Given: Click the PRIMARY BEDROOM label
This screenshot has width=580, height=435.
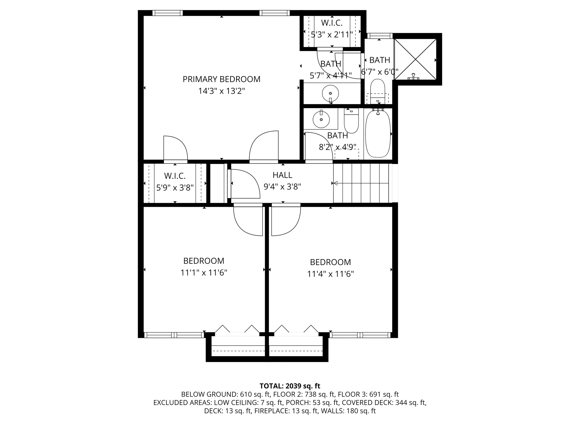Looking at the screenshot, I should (x=221, y=79).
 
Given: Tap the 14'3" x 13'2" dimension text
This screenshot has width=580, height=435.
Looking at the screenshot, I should (x=221, y=91).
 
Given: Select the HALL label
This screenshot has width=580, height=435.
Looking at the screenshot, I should (x=282, y=175).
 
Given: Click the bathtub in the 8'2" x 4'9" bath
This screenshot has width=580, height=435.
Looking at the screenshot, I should (x=378, y=134).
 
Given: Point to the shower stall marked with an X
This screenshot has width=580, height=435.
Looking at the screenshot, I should (x=415, y=59).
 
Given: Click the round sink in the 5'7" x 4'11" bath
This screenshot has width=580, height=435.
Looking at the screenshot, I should (x=330, y=93).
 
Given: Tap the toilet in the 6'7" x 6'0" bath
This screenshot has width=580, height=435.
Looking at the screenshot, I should (x=378, y=90).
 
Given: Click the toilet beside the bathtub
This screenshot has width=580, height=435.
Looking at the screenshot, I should (x=351, y=121).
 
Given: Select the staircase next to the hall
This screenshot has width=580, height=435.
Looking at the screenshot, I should (x=362, y=184).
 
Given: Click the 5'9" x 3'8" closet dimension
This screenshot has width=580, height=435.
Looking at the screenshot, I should (x=175, y=187).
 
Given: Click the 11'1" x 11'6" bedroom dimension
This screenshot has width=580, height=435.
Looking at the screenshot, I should (x=204, y=273).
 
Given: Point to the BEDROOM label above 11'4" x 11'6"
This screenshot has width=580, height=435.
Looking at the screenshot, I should (x=330, y=262).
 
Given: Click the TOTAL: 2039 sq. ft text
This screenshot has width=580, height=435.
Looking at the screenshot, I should (x=290, y=386).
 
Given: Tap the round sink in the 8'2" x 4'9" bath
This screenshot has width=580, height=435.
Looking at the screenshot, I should (x=321, y=120).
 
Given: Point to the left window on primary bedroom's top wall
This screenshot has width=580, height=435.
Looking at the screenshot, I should (x=167, y=13).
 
